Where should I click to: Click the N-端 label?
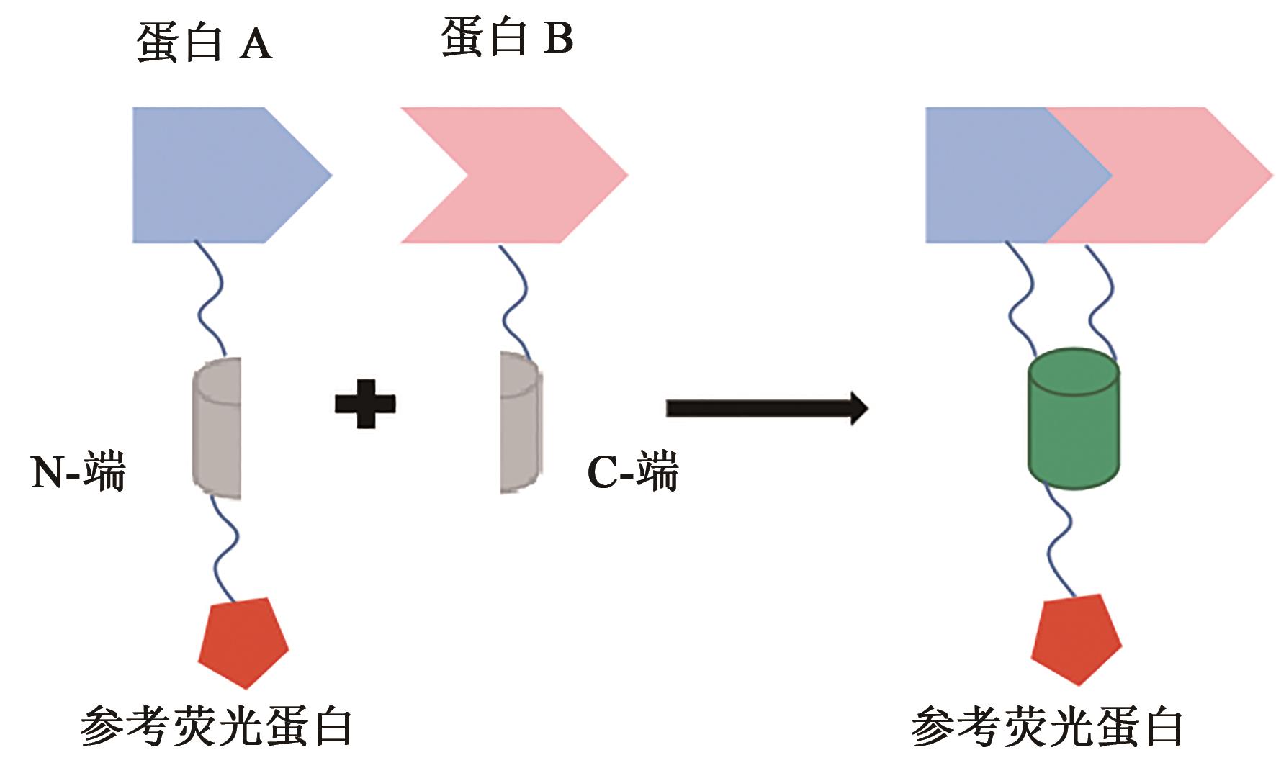[78, 473]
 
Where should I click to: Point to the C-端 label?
[633, 473]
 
